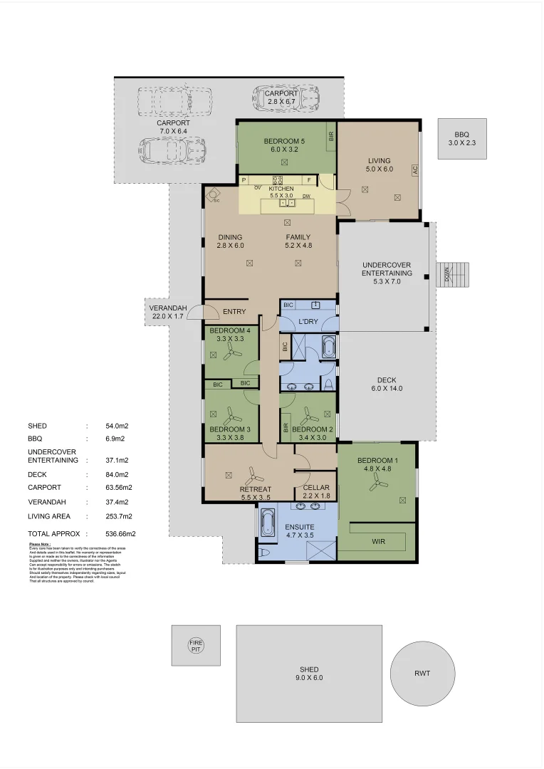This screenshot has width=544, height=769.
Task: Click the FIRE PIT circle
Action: (x=196, y=646)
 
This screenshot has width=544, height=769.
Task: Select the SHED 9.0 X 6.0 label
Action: (x=309, y=674)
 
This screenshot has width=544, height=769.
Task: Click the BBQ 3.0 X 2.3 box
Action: (x=462, y=138)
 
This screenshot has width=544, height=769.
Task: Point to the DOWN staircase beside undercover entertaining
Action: (x=453, y=275)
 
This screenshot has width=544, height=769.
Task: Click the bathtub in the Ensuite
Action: (x=268, y=524)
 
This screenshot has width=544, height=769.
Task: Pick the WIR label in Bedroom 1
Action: (x=380, y=541)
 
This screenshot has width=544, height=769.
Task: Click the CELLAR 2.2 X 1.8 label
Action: (x=315, y=491)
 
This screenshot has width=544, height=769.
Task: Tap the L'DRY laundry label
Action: (x=308, y=322)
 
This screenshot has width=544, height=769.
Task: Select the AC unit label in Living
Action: (x=414, y=170)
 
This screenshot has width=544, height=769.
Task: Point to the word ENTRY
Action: (x=234, y=312)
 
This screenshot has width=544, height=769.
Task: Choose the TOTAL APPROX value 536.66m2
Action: (x=120, y=533)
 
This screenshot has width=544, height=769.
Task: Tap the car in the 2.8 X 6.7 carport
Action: (x=286, y=98)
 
